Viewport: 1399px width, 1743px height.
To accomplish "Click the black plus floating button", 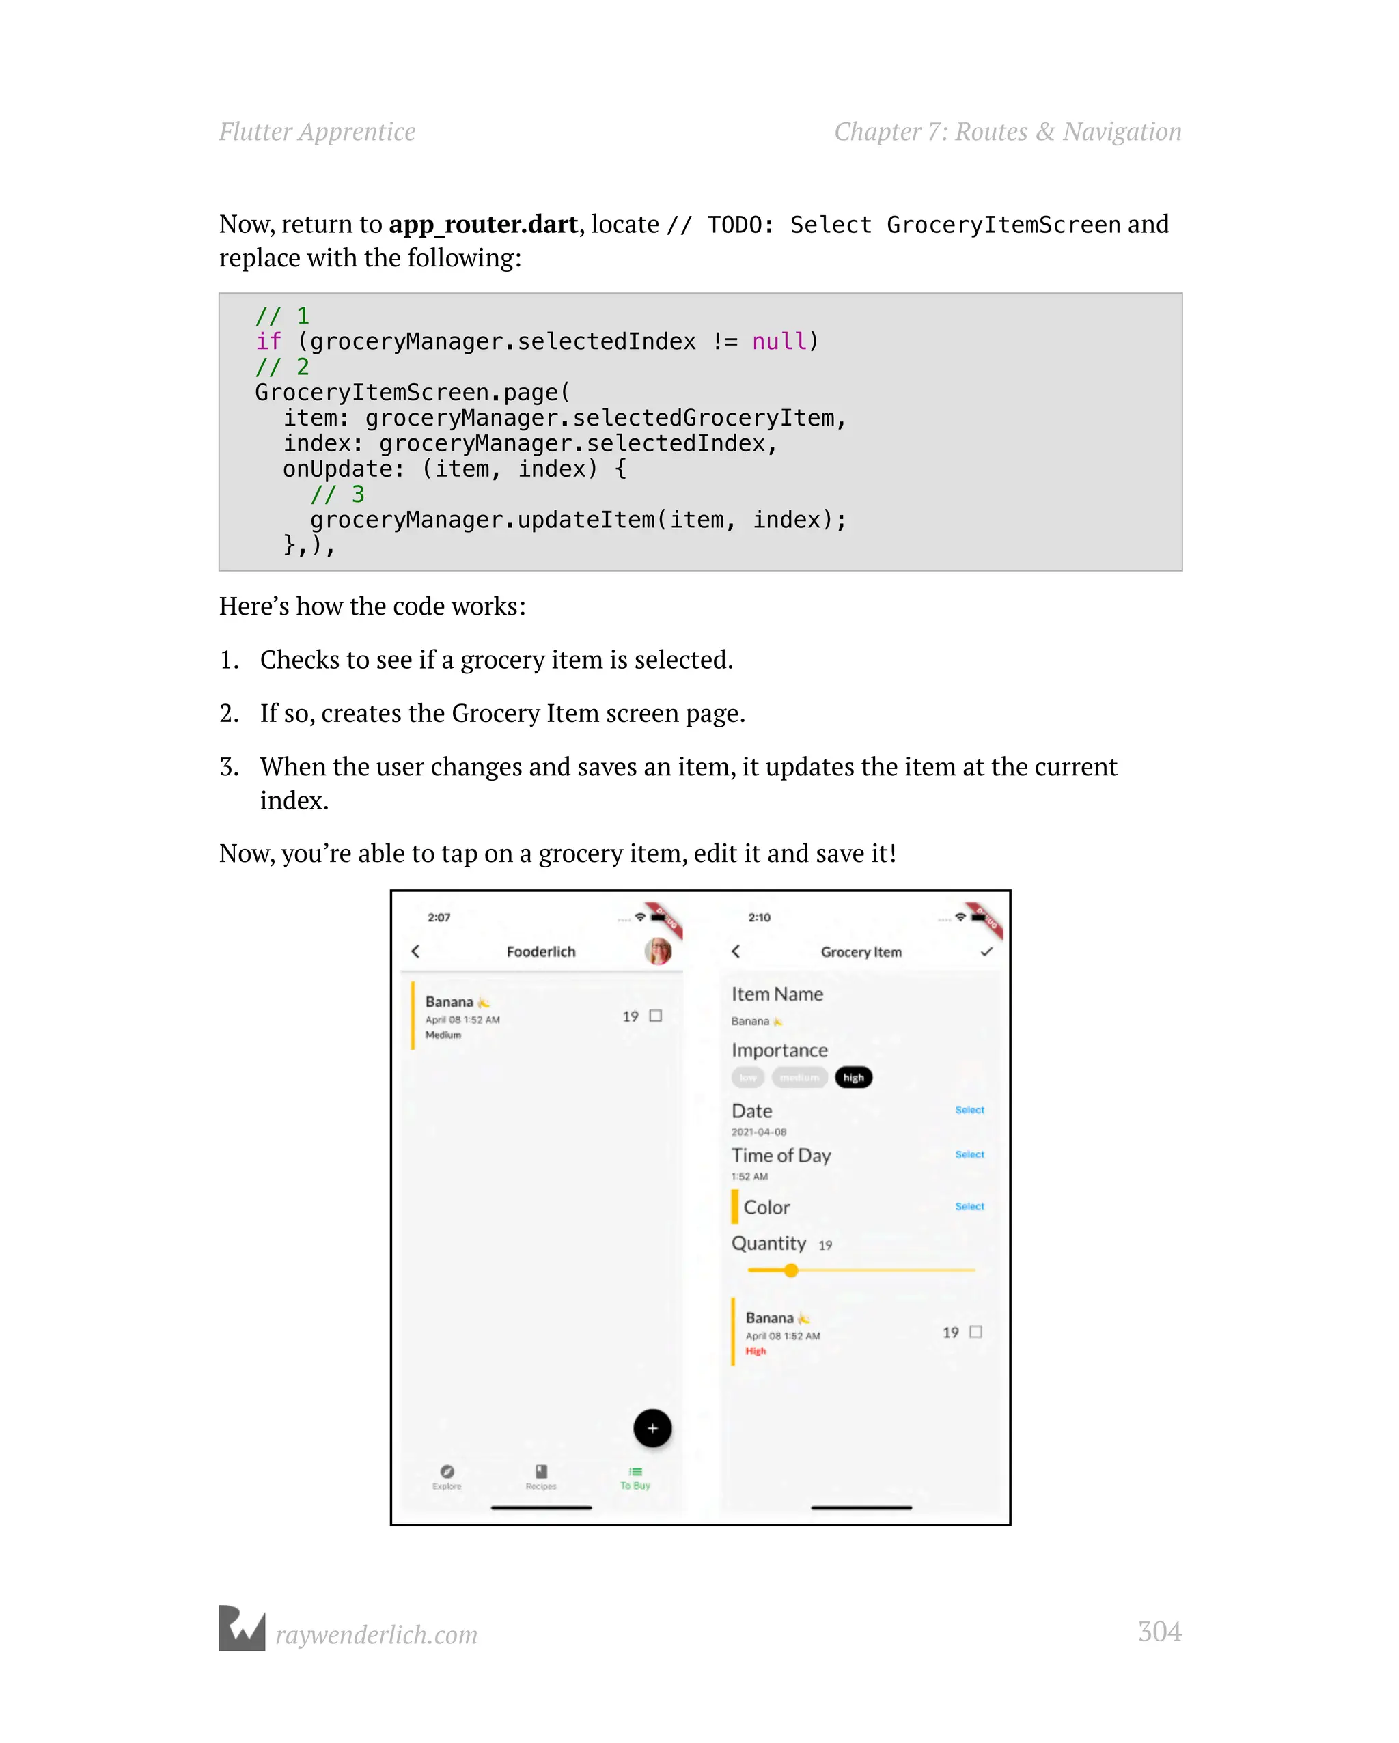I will click(652, 1429).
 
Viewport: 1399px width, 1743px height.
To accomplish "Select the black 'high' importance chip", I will click(853, 1078).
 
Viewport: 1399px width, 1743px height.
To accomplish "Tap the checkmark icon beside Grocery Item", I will click(986, 951).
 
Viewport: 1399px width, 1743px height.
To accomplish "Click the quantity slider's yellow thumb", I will click(791, 1270).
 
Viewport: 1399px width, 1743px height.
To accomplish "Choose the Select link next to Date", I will click(969, 1110).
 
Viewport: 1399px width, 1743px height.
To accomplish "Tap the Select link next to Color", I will click(969, 1206).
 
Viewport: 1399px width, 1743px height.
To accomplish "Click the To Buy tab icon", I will click(635, 1472).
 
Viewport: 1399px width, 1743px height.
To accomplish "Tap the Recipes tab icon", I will click(541, 1471).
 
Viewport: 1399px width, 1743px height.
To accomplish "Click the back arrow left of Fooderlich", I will click(415, 951).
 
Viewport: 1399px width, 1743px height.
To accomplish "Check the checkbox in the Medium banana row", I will click(656, 1016).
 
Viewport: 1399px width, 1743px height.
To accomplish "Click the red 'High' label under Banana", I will click(756, 1351).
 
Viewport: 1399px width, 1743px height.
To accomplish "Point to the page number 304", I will click(1159, 1632).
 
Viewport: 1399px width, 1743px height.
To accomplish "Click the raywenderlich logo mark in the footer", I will click(242, 1628).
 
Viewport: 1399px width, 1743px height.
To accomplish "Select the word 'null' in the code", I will click(779, 342).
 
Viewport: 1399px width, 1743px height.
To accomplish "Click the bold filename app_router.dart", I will click(483, 224).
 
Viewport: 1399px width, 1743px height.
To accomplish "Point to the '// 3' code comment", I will click(337, 494).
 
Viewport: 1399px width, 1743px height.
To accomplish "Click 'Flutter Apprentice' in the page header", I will click(317, 132).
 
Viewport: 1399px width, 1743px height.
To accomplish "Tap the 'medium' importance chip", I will click(799, 1078).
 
